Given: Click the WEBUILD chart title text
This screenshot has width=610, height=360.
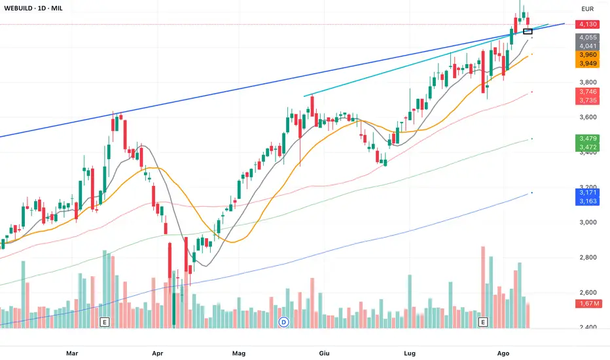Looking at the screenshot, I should [x=39, y=9].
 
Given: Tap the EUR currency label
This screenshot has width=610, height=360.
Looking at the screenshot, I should [x=587, y=9].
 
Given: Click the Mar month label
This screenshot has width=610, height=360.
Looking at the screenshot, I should [x=72, y=353].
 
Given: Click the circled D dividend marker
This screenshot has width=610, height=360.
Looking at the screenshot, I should [x=283, y=322].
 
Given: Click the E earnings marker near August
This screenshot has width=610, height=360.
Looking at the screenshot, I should [x=484, y=322].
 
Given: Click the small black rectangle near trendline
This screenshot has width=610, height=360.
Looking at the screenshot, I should [x=528, y=31].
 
